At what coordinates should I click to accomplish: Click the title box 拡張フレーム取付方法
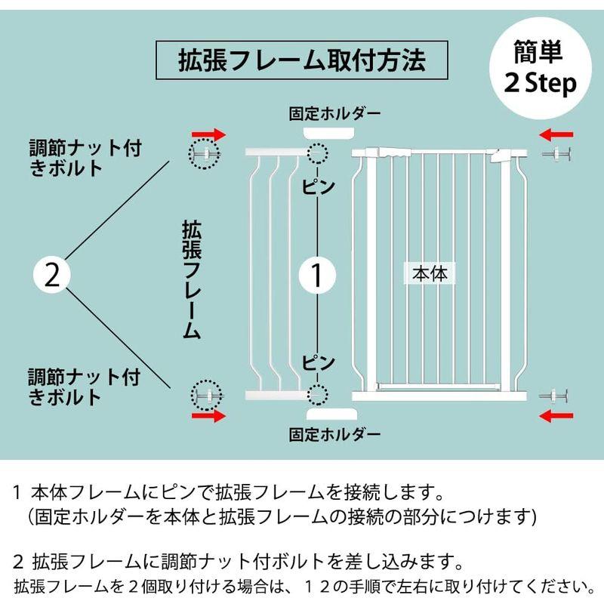[301, 59]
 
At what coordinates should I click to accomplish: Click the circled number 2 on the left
[52, 275]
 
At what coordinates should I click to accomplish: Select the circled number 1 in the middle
[318, 275]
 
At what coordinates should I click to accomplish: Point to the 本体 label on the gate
[430, 273]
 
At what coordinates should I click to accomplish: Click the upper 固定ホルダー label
[335, 114]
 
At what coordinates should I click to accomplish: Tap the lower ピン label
[318, 362]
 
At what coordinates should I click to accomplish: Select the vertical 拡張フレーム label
[191, 279]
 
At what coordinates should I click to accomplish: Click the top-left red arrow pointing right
[208, 134]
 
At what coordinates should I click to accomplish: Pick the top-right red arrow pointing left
[557, 134]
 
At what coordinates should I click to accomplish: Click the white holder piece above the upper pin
[330, 134]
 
